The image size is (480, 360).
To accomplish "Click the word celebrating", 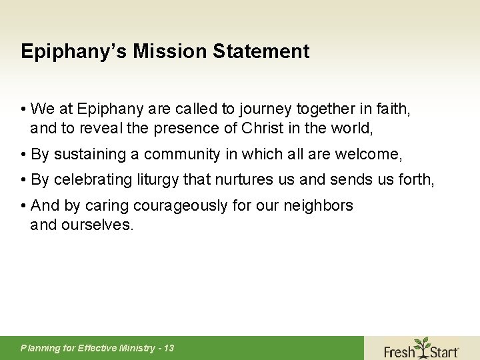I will coord(93,180).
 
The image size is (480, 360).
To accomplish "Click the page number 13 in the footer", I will coord(168,348).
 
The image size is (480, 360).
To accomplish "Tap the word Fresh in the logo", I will coord(399,350).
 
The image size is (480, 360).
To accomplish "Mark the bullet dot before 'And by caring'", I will coord(23,206).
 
